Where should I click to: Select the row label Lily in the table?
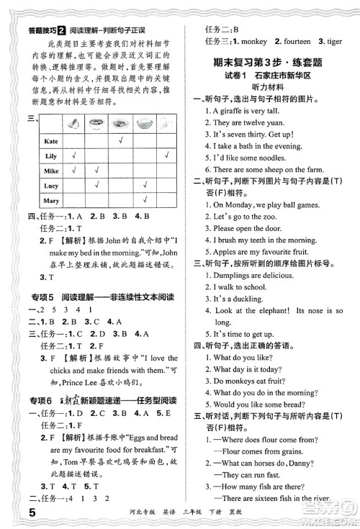point(50,156)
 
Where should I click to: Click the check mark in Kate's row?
point(122,140)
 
